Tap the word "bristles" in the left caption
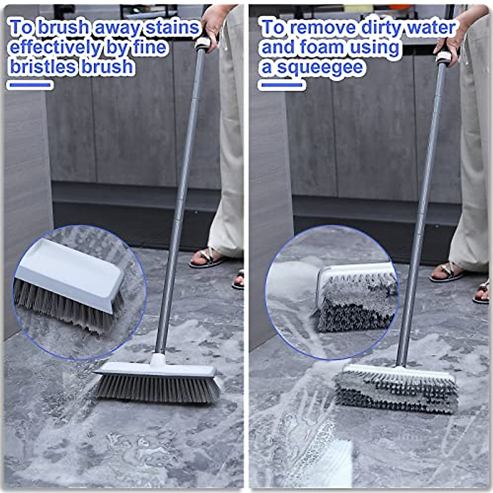[44, 67]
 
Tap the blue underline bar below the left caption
[30, 85]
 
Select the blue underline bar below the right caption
[281, 85]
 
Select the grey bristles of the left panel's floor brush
[156, 388]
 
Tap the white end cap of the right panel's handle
[443, 57]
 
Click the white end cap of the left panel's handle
[203, 42]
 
